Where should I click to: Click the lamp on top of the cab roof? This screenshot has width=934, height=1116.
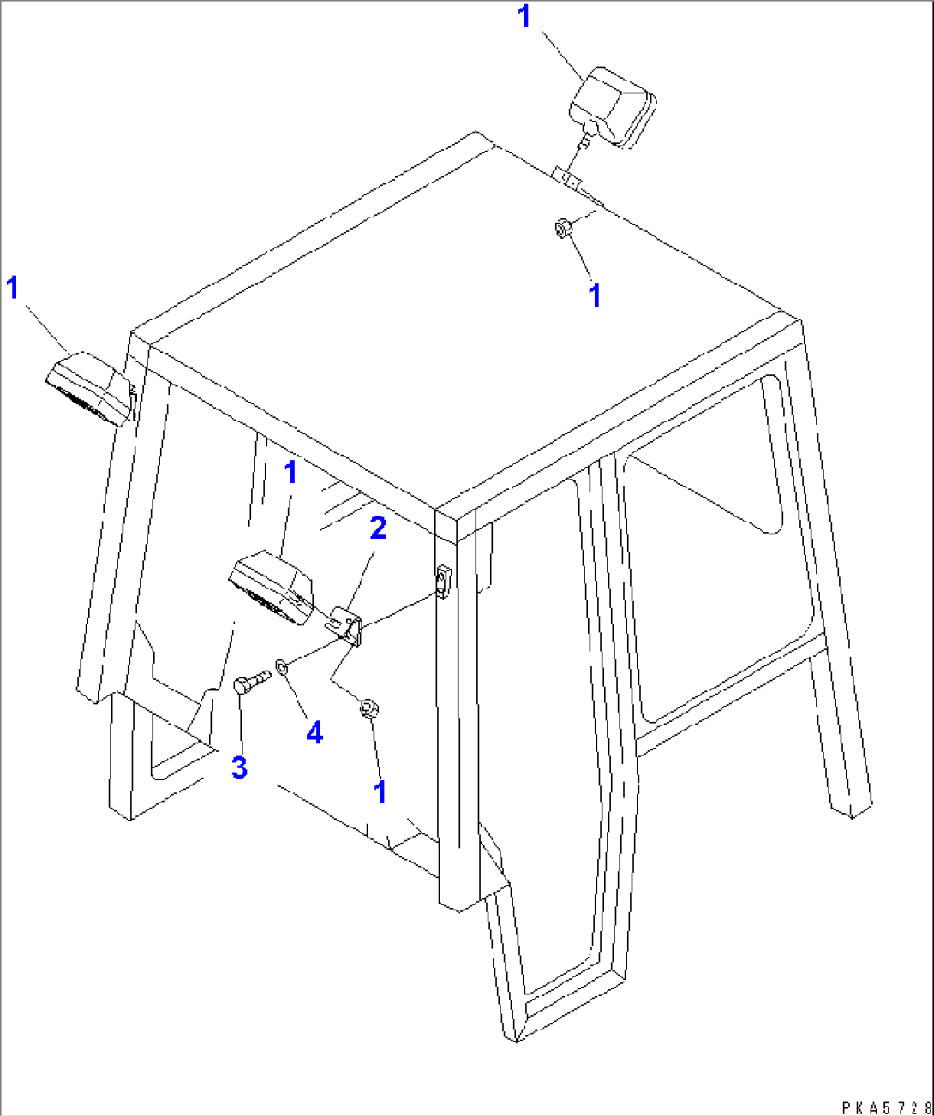tap(612, 107)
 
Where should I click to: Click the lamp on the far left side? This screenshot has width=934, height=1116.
tap(89, 388)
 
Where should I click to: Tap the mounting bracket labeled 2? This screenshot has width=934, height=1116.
tap(345, 624)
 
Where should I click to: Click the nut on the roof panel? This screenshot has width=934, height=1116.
tap(562, 228)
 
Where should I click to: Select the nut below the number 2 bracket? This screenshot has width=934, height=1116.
tap(369, 709)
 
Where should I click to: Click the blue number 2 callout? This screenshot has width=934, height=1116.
tap(378, 528)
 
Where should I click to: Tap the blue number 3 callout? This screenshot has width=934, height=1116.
tap(239, 767)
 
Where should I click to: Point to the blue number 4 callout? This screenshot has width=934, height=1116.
tap(314, 733)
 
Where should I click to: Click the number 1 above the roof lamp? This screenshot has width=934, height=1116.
tap(525, 17)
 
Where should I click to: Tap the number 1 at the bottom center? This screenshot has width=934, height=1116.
tap(380, 791)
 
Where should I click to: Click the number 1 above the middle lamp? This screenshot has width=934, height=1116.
tap(290, 472)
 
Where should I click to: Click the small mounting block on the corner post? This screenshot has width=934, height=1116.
tap(444, 581)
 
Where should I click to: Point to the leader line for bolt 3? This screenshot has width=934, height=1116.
tap(241, 723)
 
